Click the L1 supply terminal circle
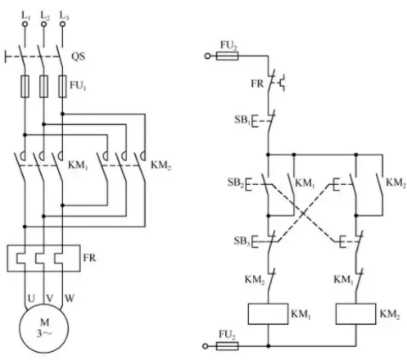pyautogui.click(x=25, y=25)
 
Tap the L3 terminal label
pyautogui.click(x=64, y=16)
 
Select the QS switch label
pyautogui.click(x=78, y=56)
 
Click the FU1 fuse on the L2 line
pyautogui.click(x=43, y=86)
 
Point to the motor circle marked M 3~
pyautogui.click(x=43, y=329)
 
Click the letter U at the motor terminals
pyautogui.click(x=31, y=299)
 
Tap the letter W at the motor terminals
pyautogui.click(x=70, y=299)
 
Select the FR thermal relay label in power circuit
pyautogui.click(x=89, y=258)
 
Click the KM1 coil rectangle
pyautogui.click(x=268, y=313)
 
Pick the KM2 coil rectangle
pyautogui.click(x=355, y=313)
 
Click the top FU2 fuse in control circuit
pyautogui.click(x=227, y=56)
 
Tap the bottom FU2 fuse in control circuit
pyautogui.click(x=227, y=346)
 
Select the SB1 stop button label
pyautogui.click(x=242, y=119)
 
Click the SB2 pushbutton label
pyautogui.click(x=235, y=182)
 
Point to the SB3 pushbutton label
pyautogui.click(x=242, y=241)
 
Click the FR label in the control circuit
pyautogui.click(x=257, y=83)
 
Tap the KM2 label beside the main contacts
pyautogui.click(x=161, y=165)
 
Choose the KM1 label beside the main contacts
pyautogui.click(x=78, y=165)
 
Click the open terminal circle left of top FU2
pyautogui.click(x=207, y=56)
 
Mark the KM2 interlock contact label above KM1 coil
pyautogui.click(x=255, y=280)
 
